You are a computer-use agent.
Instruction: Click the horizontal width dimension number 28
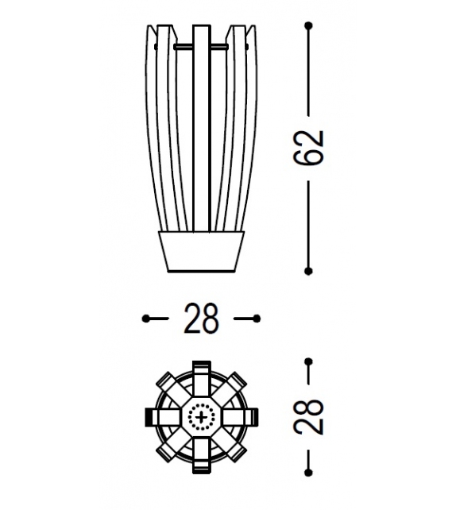pyautogui.click(x=202, y=319)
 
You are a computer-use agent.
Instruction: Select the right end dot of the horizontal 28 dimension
pyautogui.click(x=257, y=319)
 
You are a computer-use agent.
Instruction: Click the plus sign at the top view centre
pyautogui.click(x=202, y=416)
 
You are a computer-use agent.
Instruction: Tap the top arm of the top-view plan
pyautogui.click(x=202, y=373)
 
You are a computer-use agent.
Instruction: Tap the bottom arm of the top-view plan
pyautogui.click(x=202, y=460)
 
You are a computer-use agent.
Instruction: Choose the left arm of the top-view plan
pyautogui.click(x=158, y=416)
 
